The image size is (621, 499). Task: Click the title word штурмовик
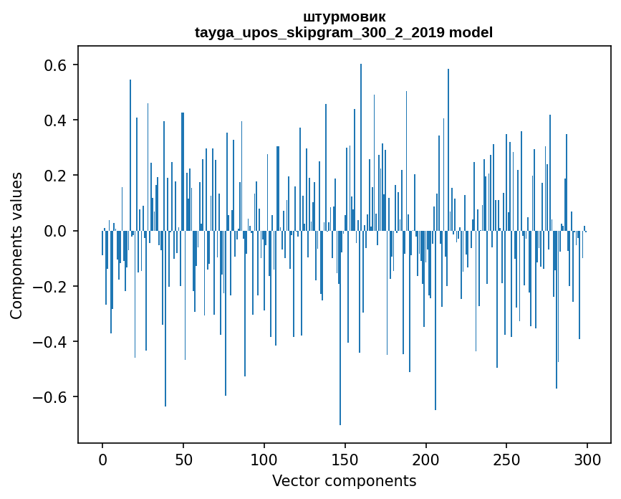(344, 16)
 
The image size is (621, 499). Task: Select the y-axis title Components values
(16, 245)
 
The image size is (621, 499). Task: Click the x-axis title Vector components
(344, 480)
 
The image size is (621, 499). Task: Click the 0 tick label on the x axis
(102, 459)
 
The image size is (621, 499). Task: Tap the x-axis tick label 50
(183, 459)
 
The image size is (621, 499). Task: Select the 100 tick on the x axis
(264, 459)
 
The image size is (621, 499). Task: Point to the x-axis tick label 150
(345, 459)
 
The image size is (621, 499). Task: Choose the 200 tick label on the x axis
(426, 459)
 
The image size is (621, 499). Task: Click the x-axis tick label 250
(506, 459)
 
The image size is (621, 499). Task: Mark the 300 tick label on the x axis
(587, 459)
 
